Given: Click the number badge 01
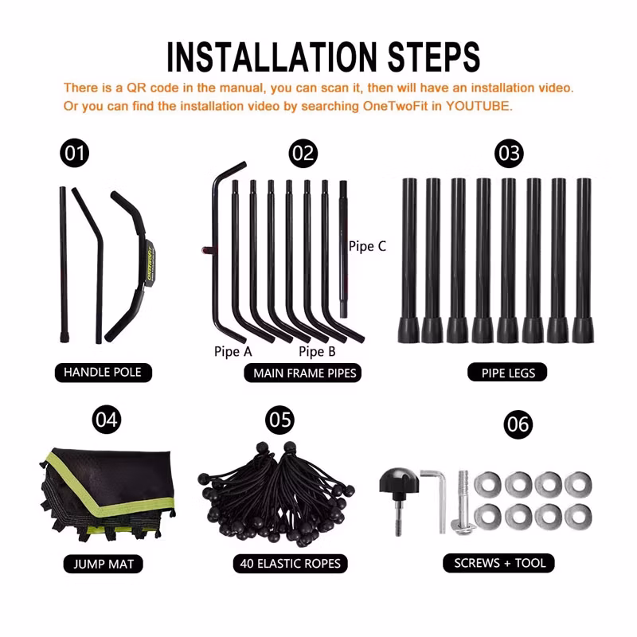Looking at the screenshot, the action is point(74,153).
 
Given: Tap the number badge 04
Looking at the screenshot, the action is point(107,420).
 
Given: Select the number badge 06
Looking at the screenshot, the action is point(518,424).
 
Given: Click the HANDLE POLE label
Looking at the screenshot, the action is point(104,372).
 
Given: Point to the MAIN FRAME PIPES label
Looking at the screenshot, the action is point(303,373).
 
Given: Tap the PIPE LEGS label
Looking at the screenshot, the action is point(507,372).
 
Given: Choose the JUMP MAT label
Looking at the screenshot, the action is point(104,564).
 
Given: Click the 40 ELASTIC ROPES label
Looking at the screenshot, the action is point(290,564).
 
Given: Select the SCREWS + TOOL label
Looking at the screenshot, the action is point(499,563).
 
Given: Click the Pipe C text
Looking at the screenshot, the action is point(367,246).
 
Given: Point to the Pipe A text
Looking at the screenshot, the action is point(233,351).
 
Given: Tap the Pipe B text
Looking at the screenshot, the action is point(317,351).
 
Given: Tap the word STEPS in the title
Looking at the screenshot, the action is point(433,57).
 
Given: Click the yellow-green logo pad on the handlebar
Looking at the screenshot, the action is point(149,264).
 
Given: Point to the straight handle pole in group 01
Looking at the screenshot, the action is point(64,264).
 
